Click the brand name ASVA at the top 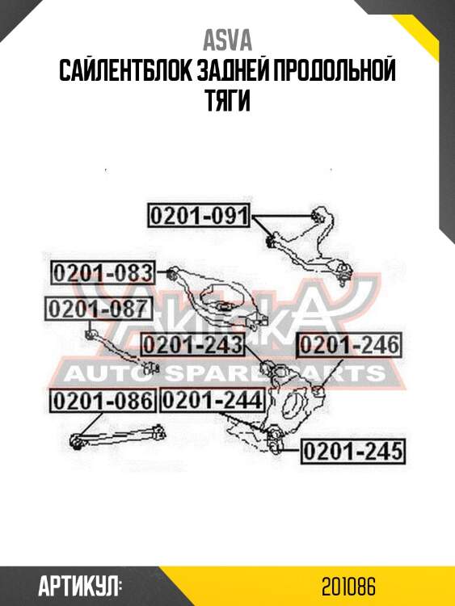point(227,40)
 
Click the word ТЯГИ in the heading point(227,100)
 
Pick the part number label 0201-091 point(199,215)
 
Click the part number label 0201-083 point(103,273)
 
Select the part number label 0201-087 point(99,309)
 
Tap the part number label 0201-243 point(193,344)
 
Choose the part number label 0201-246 point(349,344)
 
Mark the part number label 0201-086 point(103,401)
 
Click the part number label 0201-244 point(213,400)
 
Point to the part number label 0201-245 point(353,451)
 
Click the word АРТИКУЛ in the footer point(80,587)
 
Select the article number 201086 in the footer point(348,587)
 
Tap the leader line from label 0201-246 point(331,372)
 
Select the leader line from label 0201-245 point(290,450)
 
